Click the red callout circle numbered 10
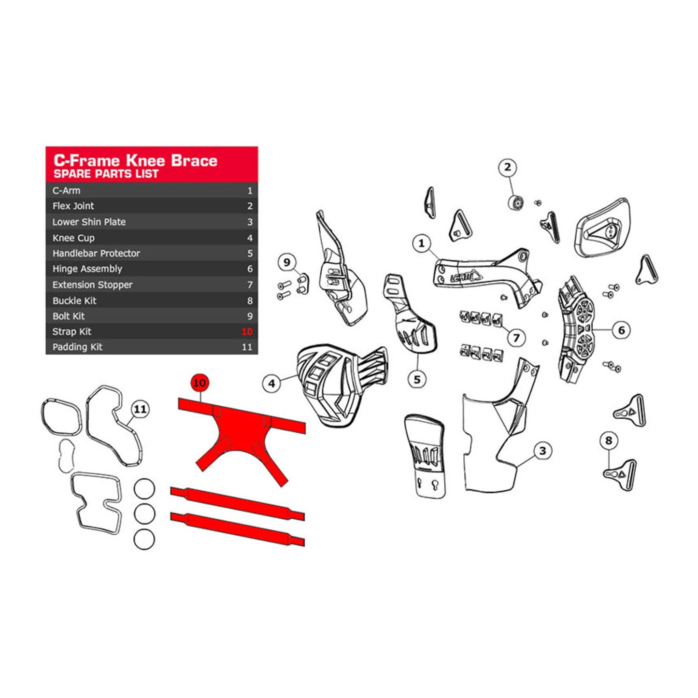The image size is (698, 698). pos(199,383)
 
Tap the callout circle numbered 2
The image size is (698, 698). pos(507,168)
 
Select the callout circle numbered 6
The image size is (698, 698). pos(621,330)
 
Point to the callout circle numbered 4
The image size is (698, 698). pos(271,384)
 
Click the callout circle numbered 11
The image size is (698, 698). pos(140,410)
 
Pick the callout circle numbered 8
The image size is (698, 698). pos(608,441)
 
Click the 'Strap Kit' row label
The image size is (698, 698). pos(72,331)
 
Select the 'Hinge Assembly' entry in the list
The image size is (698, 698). pos(87,269)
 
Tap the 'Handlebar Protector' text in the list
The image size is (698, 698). pos(96,253)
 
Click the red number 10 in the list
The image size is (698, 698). pos(247,331)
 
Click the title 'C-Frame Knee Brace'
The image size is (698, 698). pos(135,160)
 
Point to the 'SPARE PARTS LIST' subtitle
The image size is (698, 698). pos(106,174)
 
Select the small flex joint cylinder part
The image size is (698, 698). pos(516,202)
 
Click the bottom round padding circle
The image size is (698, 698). pos(144,539)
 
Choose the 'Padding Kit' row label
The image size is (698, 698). pos(77,347)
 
